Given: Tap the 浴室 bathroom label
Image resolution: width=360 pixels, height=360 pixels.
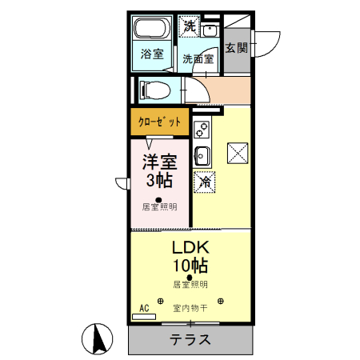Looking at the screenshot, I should tap(152, 54).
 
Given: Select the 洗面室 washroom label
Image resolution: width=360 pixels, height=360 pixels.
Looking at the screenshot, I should tap(197, 58).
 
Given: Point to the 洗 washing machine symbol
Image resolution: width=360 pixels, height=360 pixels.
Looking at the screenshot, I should tap(189, 26).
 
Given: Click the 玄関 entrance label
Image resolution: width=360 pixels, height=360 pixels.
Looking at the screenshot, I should tap(236, 48).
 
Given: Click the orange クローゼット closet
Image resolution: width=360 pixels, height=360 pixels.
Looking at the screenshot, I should tap(159, 123).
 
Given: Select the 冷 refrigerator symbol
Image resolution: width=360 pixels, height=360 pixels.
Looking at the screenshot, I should tap(205, 182).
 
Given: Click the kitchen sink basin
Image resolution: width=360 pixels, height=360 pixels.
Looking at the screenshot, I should tap(202, 155).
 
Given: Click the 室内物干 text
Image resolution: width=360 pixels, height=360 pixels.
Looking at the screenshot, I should tap(190, 307).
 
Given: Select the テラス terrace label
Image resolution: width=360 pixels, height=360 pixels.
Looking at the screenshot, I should tap(190, 339).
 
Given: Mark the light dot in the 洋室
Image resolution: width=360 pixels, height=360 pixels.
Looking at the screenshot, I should tap(158, 199).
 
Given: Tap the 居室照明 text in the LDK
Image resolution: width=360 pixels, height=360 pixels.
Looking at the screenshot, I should tap(190, 285).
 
